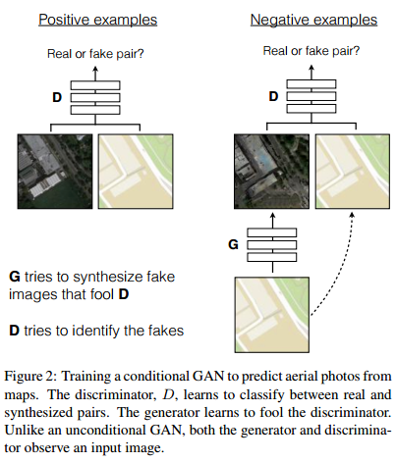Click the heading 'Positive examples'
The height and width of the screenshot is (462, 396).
[x=98, y=20]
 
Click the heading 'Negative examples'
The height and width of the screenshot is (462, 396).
[x=313, y=20]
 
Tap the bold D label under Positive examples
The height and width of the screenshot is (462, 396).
[x=57, y=97]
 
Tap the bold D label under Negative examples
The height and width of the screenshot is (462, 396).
[x=273, y=96]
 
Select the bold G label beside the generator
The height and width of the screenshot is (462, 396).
[x=233, y=244]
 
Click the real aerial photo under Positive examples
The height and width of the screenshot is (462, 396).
[x=55, y=172]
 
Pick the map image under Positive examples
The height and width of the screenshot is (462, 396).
[x=136, y=172]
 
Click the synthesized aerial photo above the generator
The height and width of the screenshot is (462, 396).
[x=271, y=172]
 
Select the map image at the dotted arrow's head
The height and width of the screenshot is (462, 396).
[x=353, y=172]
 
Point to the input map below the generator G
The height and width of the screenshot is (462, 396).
[x=272, y=315]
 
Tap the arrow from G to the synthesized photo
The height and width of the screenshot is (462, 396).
[x=273, y=221]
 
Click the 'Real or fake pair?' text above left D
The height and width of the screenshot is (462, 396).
[x=95, y=54]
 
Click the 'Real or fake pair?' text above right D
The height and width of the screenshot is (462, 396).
[x=311, y=51]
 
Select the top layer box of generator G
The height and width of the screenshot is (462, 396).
[x=272, y=232]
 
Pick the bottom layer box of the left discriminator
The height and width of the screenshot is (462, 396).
[x=95, y=110]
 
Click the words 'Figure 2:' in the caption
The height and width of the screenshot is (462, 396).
[x=30, y=377]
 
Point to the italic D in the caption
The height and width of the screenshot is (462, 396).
[x=168, y=394]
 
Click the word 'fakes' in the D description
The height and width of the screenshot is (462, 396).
[x=166, y=331]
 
